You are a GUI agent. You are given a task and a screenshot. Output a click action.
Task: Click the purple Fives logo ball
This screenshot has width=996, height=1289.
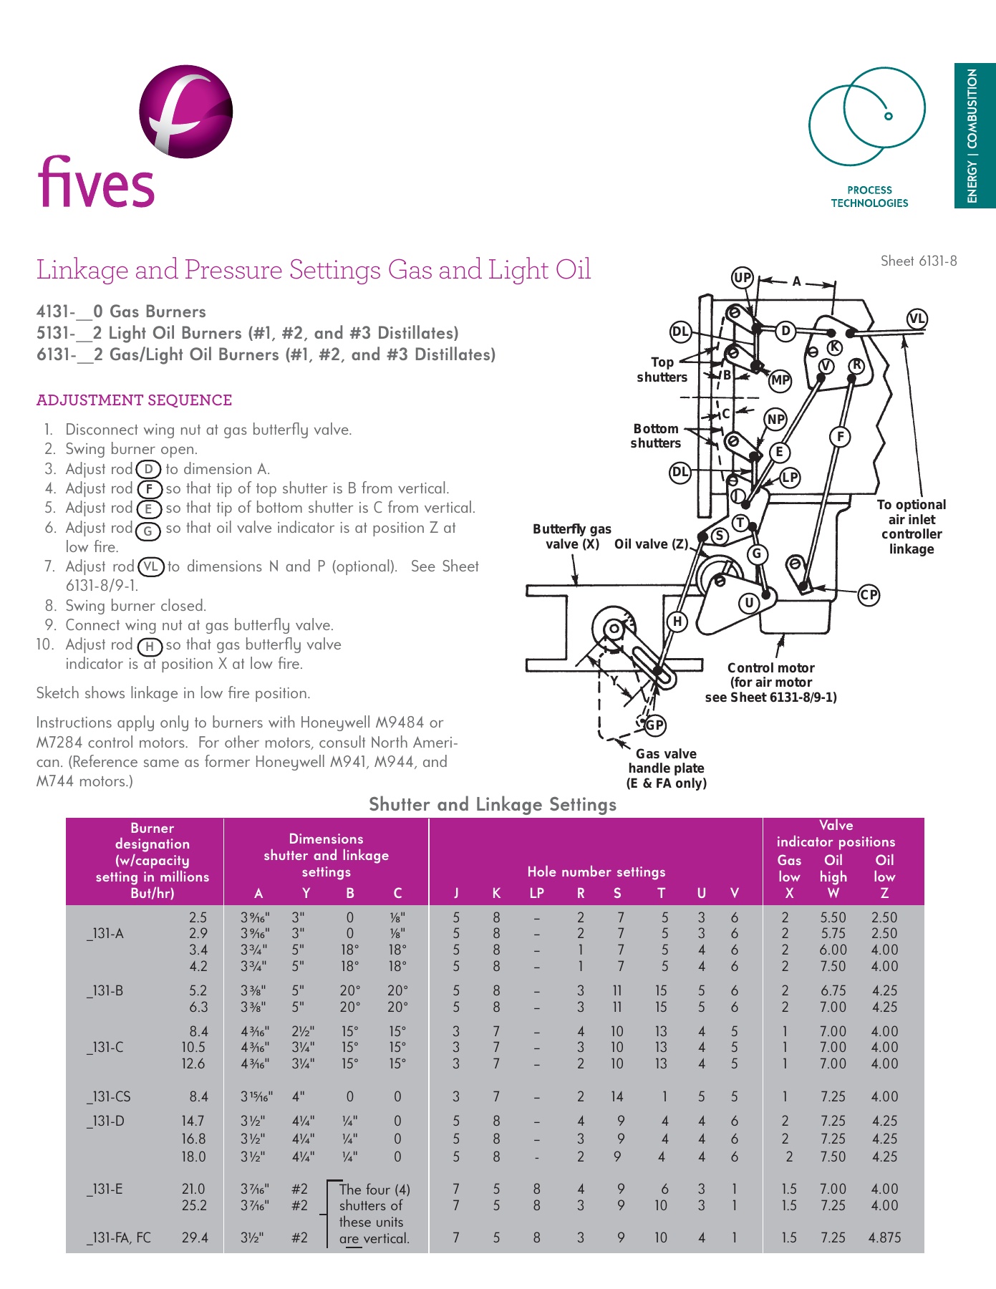click(x=185, y=111)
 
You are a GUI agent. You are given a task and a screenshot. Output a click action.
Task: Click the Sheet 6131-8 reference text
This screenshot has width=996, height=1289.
click(x=918, y=261)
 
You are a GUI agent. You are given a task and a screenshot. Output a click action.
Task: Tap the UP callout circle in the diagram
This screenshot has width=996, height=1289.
click(x=743, y=277)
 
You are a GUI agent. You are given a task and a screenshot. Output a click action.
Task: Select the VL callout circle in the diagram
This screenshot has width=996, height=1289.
click(x=917, y=319)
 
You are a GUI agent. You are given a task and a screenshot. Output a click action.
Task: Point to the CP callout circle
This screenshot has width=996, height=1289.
click(x=869, y=594)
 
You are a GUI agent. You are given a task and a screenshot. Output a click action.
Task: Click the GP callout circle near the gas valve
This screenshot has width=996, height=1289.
click(x=654, y=725)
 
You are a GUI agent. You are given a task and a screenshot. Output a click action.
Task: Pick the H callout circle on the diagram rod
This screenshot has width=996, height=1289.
click(x=677, y=621)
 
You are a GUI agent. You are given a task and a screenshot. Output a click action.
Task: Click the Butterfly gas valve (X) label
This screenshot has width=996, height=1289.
click(x=571, y=536)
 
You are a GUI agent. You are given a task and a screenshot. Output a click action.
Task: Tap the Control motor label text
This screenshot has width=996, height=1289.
click(x=770, y=667)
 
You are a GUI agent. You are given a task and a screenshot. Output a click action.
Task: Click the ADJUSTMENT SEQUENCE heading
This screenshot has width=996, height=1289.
click(x=134, y=400)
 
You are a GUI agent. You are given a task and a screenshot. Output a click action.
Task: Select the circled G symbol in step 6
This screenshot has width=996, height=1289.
click(x=148, y=531)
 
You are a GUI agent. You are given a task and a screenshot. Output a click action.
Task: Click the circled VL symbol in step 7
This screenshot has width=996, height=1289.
click(x=150, y=567)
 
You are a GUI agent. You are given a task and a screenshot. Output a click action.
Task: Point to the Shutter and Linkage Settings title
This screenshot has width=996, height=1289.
click(x=492, y=804)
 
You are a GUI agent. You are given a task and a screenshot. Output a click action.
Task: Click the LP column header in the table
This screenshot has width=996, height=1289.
click(x=536, y=893)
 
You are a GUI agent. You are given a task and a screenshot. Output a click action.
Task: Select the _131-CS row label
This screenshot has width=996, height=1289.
click(x=109, y=1096)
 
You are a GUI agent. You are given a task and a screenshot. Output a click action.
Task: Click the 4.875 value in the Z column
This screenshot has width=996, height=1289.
click(x=884, y=1237)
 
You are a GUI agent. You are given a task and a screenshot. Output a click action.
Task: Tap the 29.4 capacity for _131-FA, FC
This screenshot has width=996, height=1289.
click(x=194, y=1237)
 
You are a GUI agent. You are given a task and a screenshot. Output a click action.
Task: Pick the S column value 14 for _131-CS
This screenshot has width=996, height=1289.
click(x=617, y=1096)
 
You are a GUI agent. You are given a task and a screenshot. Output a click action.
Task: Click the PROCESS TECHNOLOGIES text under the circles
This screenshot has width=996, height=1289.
click(x=869, y=197)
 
